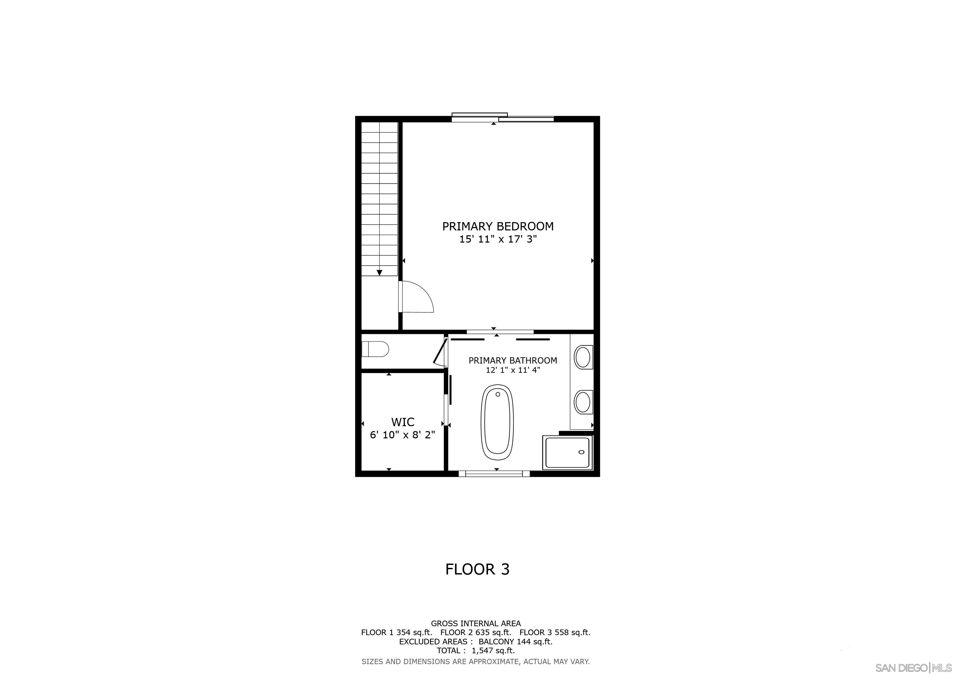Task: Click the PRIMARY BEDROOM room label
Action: (498, 226)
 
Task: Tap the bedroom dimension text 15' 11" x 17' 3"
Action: (498, 239)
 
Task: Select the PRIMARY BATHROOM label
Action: (512, 360)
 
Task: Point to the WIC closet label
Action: (403, 422)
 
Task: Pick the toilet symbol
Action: (375, 349)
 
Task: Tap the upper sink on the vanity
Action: (582, 357)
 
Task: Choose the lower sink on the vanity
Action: (582, 402)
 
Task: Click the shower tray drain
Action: (581, 452)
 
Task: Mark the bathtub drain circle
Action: (498, 394)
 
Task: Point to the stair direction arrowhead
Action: (379, 273)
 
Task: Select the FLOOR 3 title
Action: (477, 569)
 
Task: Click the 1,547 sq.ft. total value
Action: (493, 651)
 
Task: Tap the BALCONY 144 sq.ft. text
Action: (515, 641)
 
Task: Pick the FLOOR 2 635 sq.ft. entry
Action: (476, 632)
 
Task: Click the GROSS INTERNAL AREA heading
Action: (476, 624)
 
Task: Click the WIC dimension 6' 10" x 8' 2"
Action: (402, 435)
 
